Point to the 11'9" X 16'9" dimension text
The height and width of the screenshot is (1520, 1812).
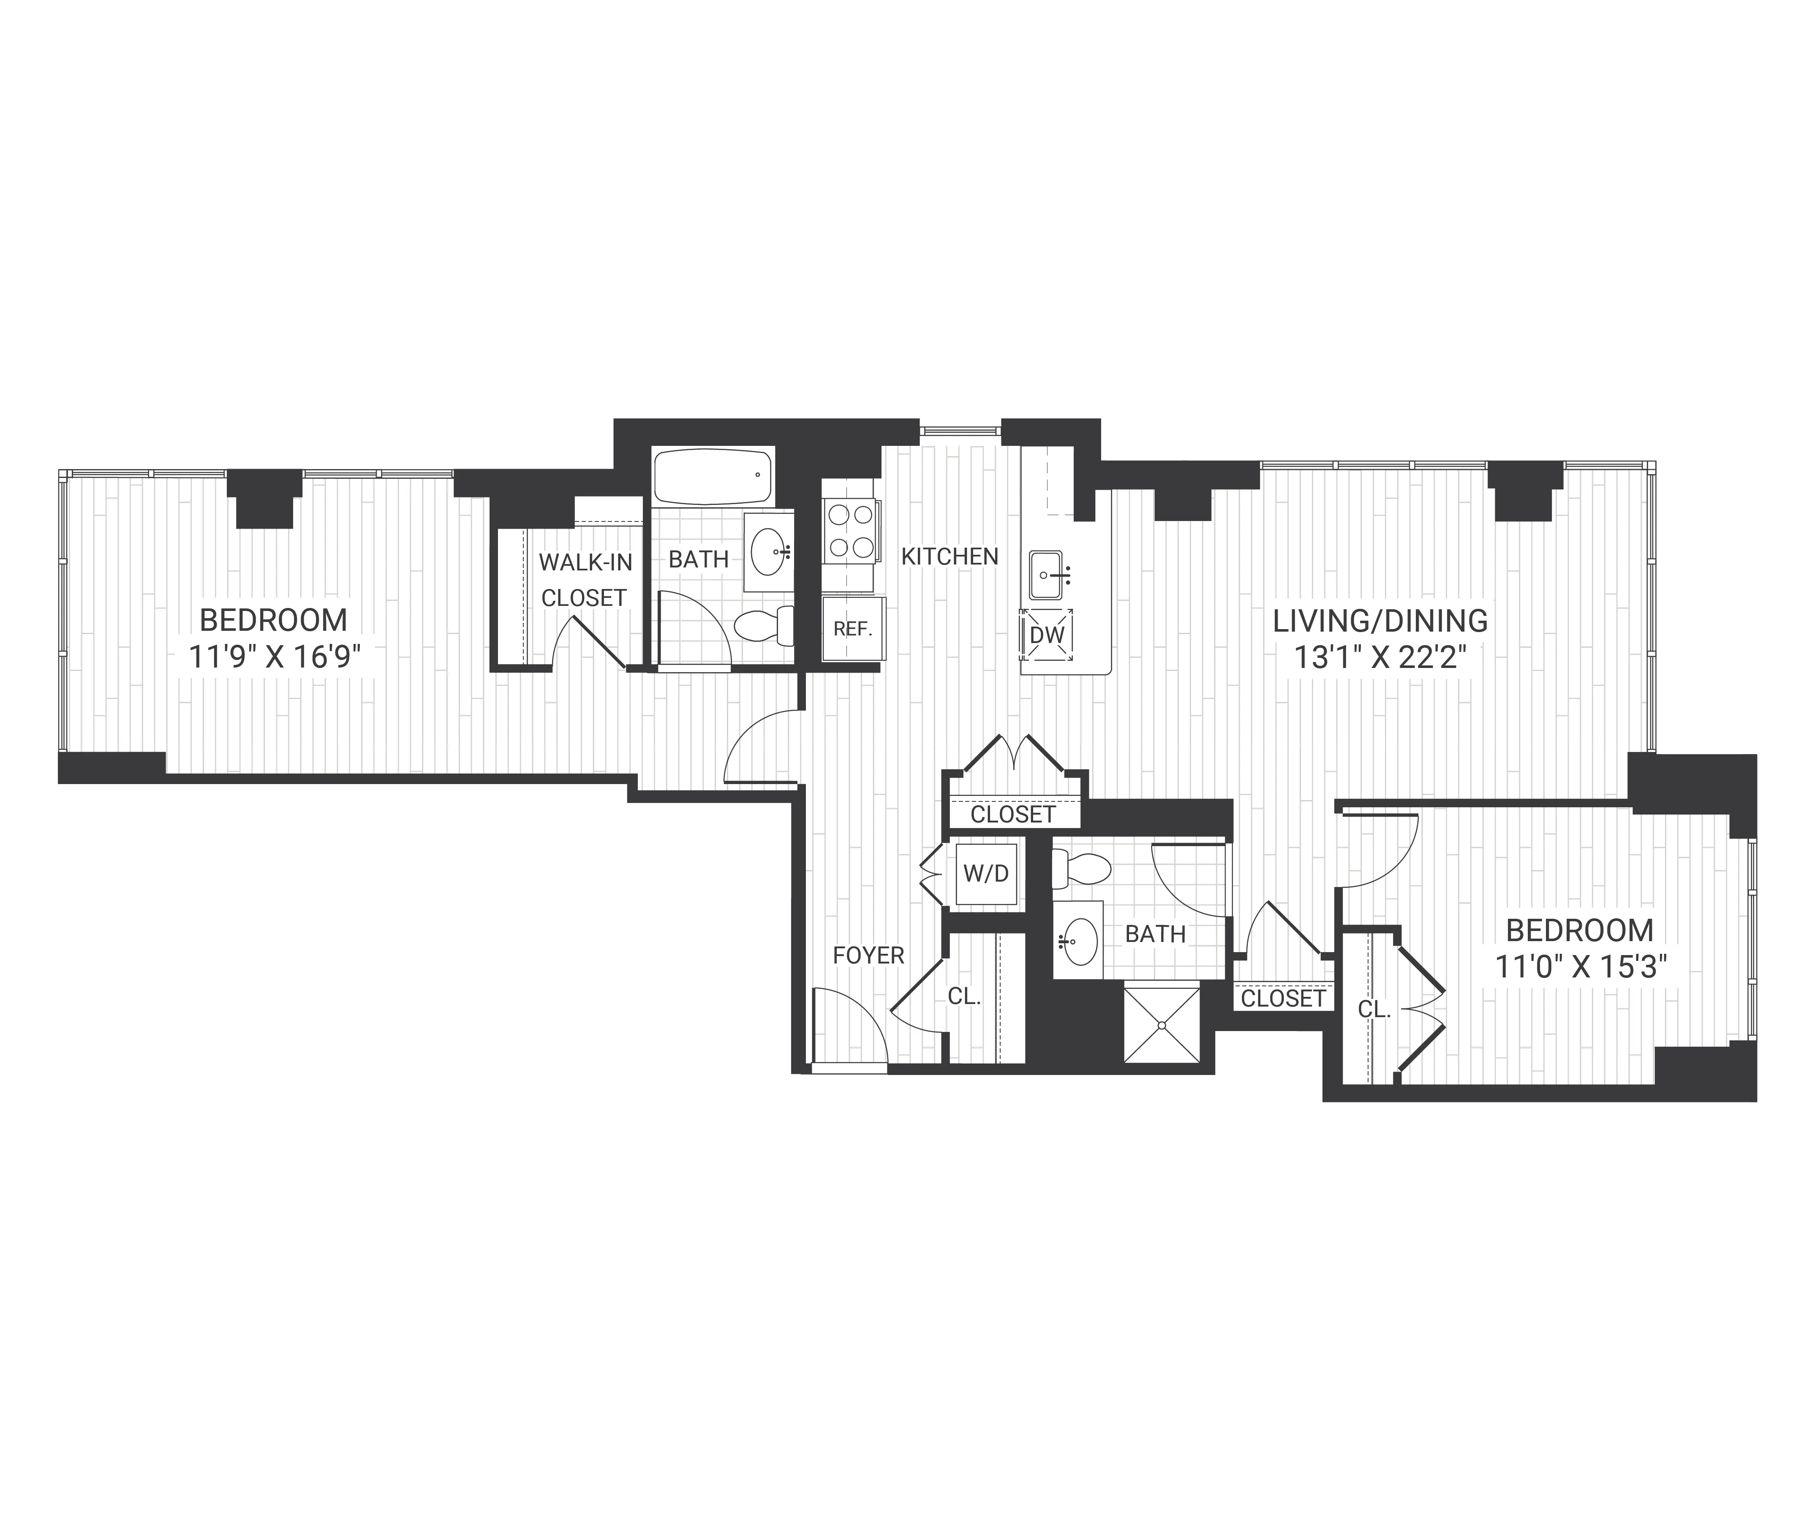click(274, 657)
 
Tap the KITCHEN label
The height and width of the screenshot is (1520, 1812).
click(949, 556)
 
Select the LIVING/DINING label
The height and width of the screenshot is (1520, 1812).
click(1381, 620)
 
